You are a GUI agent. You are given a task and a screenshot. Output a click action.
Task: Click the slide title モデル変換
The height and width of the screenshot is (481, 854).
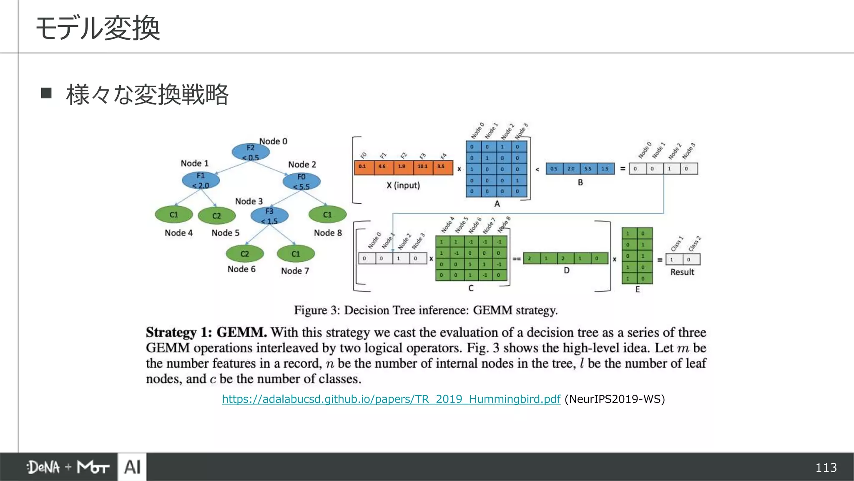[98, 28]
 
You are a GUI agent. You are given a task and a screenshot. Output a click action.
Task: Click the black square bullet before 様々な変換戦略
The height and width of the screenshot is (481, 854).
[46, 93]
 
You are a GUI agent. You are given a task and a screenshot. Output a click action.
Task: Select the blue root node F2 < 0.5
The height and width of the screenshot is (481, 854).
[250, 152]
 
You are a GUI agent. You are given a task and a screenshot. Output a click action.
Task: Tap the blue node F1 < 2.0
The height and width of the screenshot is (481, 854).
[201, 180]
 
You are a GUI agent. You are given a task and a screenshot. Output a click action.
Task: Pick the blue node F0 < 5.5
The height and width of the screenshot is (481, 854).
[301, 182]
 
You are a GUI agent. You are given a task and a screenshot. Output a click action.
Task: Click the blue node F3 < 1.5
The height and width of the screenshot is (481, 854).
[269, 216]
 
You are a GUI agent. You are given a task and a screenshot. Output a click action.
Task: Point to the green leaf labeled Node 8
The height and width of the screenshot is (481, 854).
[327, 215]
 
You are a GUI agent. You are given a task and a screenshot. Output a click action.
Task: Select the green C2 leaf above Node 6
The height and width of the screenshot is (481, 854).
[245, 254]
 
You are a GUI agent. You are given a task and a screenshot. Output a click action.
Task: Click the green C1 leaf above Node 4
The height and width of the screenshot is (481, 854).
[173, 215]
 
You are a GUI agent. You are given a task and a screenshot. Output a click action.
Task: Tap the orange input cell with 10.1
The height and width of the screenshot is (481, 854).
[422, 167]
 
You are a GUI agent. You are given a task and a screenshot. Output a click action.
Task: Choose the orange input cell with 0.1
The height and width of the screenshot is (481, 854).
[362, 167]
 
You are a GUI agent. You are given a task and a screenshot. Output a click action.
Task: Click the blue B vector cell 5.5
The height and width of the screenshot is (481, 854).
[588, 169]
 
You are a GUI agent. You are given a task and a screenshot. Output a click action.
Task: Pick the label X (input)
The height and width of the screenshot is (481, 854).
[403, 185]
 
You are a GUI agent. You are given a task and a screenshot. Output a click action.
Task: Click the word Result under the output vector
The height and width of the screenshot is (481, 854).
[682, 272]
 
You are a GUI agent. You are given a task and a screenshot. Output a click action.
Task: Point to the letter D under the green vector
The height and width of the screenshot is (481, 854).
[566, 270]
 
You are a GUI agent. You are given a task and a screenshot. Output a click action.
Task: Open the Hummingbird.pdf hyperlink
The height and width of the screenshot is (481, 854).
[391, 399]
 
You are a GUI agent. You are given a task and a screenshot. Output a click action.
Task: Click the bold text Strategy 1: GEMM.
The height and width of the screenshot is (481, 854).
[206, 332]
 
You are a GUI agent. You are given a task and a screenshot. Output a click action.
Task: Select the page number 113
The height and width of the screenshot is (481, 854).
[826, 467]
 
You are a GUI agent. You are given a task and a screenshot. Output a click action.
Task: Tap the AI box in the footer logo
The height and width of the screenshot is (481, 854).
[132, 467]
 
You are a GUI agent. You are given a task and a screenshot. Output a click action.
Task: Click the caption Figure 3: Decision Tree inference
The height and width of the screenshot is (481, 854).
[425, 310]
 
